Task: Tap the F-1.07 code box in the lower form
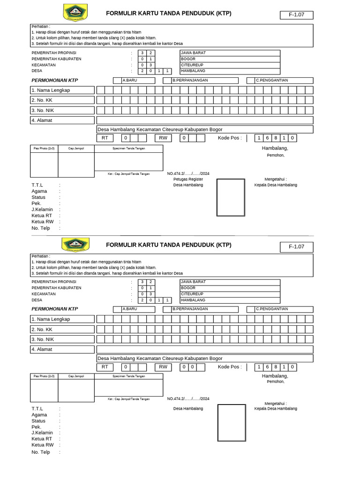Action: (296, 247)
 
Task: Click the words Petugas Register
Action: (188, 179)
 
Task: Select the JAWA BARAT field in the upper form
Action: (230, 53)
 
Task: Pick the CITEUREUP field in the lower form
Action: (230, 294)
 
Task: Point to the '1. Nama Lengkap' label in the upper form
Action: (62, 90)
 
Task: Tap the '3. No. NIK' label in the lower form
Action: (62, 339)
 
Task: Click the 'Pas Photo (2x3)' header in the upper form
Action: (44, 148)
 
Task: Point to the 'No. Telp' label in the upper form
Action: (41, 228)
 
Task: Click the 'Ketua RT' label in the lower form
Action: (42, 439)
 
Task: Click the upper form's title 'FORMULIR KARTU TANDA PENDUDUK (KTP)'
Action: (168, 14)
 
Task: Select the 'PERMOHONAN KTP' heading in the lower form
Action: (54, 309)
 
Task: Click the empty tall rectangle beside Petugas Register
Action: (231, 197)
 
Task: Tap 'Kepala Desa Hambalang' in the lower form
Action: (276, 409)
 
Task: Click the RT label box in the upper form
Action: (105, 138)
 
